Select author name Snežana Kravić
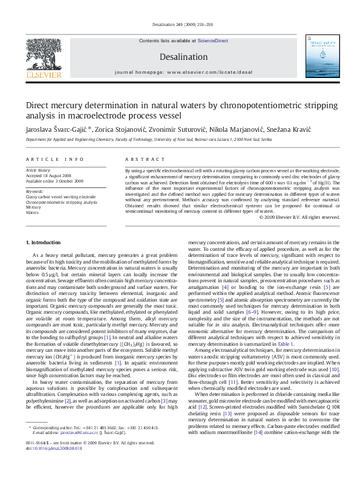pos(293,129)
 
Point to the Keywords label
pos(34,191)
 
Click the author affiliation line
pos(145,138)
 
